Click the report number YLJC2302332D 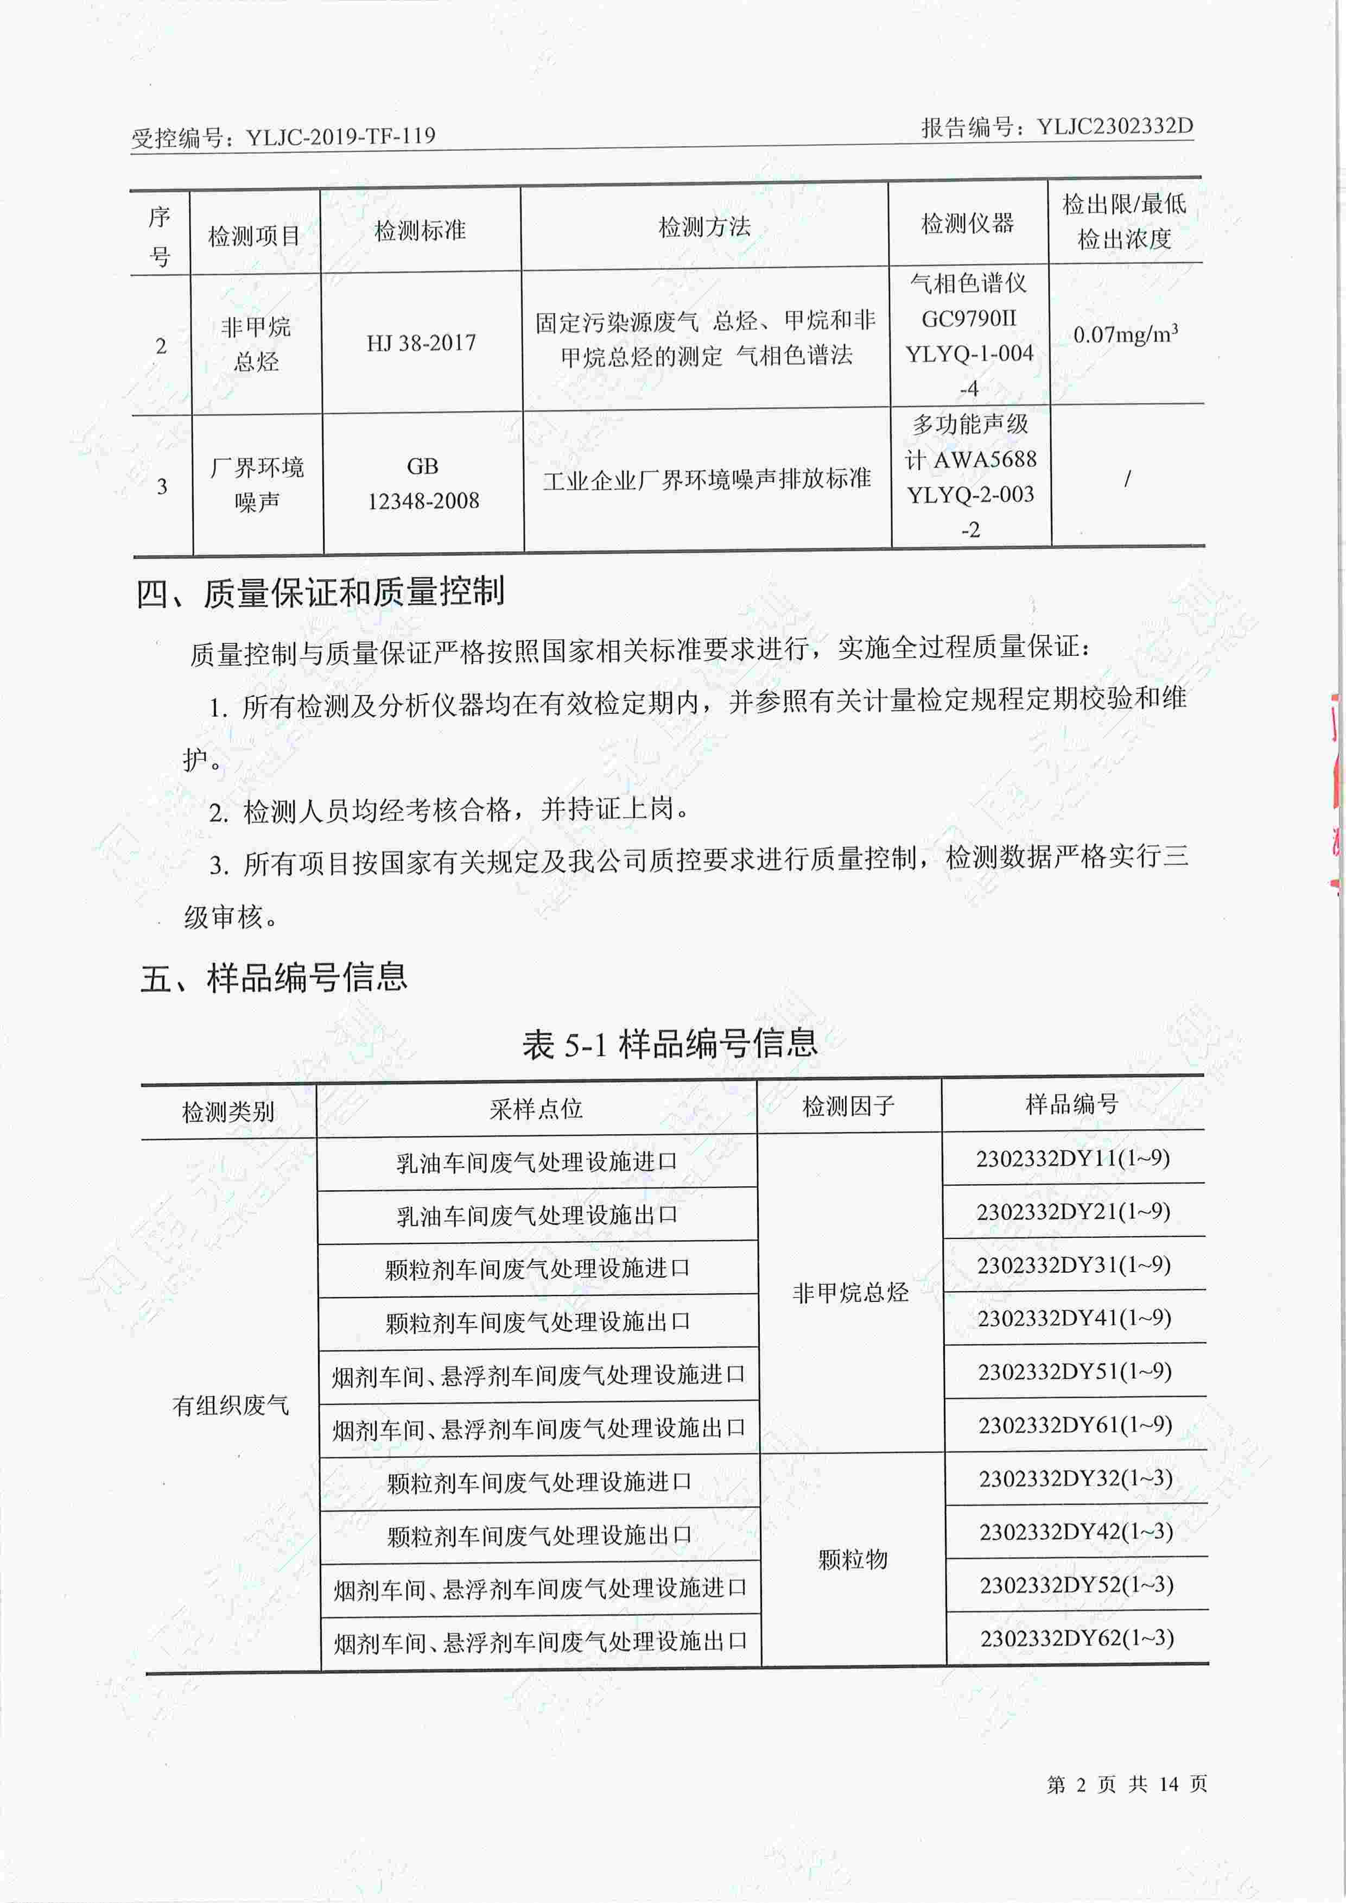click(x=1115, y=127)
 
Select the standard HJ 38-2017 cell click(x=421, y=343)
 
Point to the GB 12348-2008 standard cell click(x=423, y=483)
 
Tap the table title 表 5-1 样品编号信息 click(x=670, y=1043)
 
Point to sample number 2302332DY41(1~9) click(x=1074, y=1318)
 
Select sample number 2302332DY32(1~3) click(x=1075, y=1478)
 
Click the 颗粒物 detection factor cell click(x=852, y=1559)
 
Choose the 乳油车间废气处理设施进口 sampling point click(x=536, y=1162)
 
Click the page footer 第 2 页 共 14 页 click(x=1126, y=1784)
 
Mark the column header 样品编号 click(x=1072, y=1104)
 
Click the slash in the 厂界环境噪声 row click(x=1126, y=479)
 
